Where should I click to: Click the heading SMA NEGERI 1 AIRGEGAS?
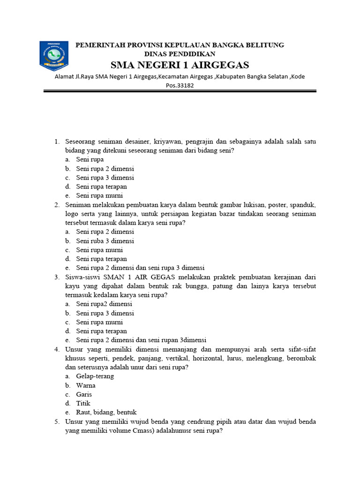pos(180,65)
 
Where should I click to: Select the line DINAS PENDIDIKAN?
pos(180,54)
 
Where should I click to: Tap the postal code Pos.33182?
pos(180,85)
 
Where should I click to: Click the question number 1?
pos(57,142)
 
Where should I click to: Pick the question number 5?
pos(57,421)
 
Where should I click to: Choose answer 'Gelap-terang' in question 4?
pos(95,376)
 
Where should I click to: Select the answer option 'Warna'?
pos(86,385)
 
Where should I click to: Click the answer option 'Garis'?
pos(84,394)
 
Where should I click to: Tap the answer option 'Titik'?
pos(83,403)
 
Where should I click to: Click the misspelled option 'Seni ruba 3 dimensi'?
pos(105,241)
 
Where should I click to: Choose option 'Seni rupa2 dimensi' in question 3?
pos(104,304)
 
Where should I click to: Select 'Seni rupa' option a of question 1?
pos(90,160)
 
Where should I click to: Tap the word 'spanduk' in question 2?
pos(302,205)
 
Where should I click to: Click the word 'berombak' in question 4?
pos(300,358)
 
